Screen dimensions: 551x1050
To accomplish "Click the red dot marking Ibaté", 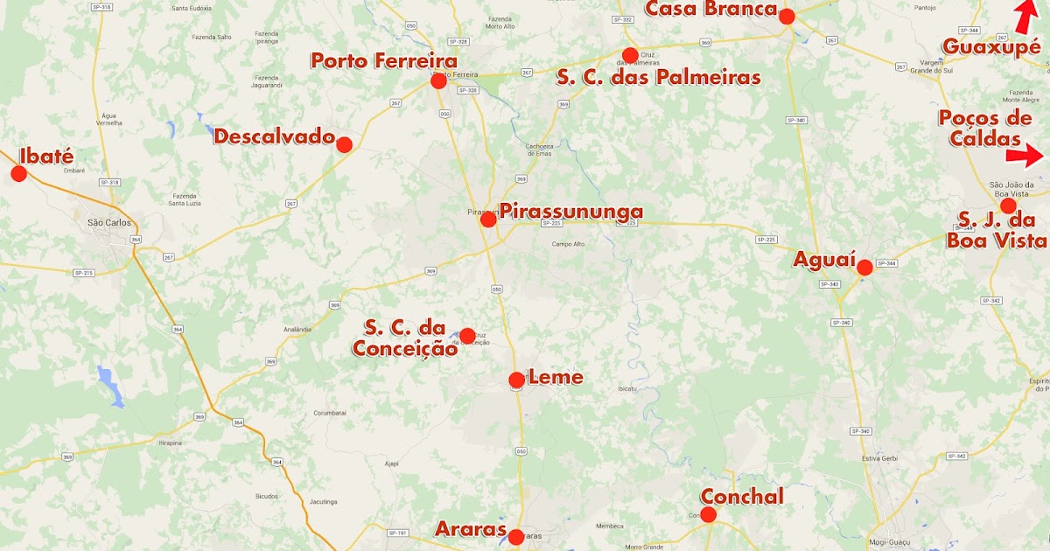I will [x=18, y=173].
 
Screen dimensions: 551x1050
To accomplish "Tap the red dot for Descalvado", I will [x=344, y=145].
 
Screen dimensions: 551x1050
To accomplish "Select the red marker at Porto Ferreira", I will [x=438, y=81].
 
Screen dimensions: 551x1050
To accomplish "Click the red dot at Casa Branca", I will [x=787, y=16].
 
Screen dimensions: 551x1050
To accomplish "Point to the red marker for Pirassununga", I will [x=488, y=220].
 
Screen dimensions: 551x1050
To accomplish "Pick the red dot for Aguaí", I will [x=864, y=268].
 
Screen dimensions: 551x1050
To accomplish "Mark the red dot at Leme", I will [x=516, y=380].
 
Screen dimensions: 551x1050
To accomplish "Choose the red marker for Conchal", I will [x=708, y=514].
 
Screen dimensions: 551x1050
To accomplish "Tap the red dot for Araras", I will [x=515, y=537].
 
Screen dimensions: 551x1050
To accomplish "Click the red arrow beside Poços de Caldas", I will [x=1025, y=157].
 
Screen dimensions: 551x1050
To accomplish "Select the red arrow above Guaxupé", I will [x=1025, y=16].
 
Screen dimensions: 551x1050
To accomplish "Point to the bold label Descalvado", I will [x=275, y=137].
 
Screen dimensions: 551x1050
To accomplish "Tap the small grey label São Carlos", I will [x=108, y=222].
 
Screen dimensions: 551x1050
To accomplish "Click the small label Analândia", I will [x=297, y=329].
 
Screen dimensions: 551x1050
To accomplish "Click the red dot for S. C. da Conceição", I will [x=467, y=336].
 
